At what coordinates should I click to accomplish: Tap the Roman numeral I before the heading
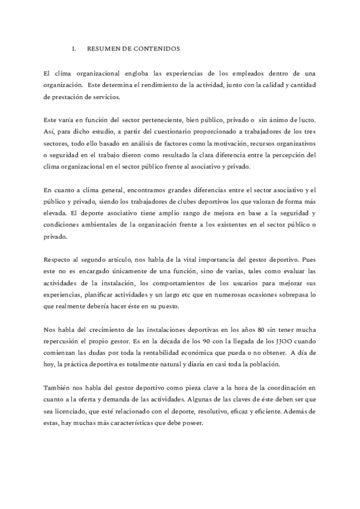tap(73, 47)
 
